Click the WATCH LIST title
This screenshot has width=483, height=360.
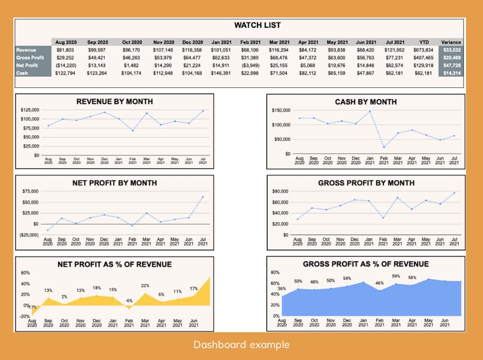[257, 25]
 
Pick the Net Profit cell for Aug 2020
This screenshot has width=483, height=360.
[66, 65]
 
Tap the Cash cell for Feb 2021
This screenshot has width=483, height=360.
[251, 73]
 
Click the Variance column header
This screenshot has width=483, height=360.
[451, 42]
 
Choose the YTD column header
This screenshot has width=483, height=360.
[424, 42]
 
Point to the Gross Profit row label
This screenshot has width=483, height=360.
[30, 58]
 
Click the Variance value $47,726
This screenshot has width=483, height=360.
[452, 65]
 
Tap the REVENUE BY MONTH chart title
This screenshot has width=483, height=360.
[115, 102]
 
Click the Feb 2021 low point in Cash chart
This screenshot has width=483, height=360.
[384, 147]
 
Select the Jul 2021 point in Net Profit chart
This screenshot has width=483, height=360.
[203, 196]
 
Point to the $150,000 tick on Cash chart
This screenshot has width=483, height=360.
[281, 111]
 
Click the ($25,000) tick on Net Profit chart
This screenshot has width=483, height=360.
[28, 235]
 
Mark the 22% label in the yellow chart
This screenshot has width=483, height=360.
[145, 285]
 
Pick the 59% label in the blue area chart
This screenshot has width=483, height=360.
[396, 276]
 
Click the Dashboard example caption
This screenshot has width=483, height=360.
[242, 345]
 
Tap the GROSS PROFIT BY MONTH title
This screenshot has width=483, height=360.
[366, 183]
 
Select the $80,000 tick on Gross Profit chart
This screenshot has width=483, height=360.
[282, 191]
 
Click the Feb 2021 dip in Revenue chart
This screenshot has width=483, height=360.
[133, 131]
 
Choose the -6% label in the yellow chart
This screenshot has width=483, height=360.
[129, 300]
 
